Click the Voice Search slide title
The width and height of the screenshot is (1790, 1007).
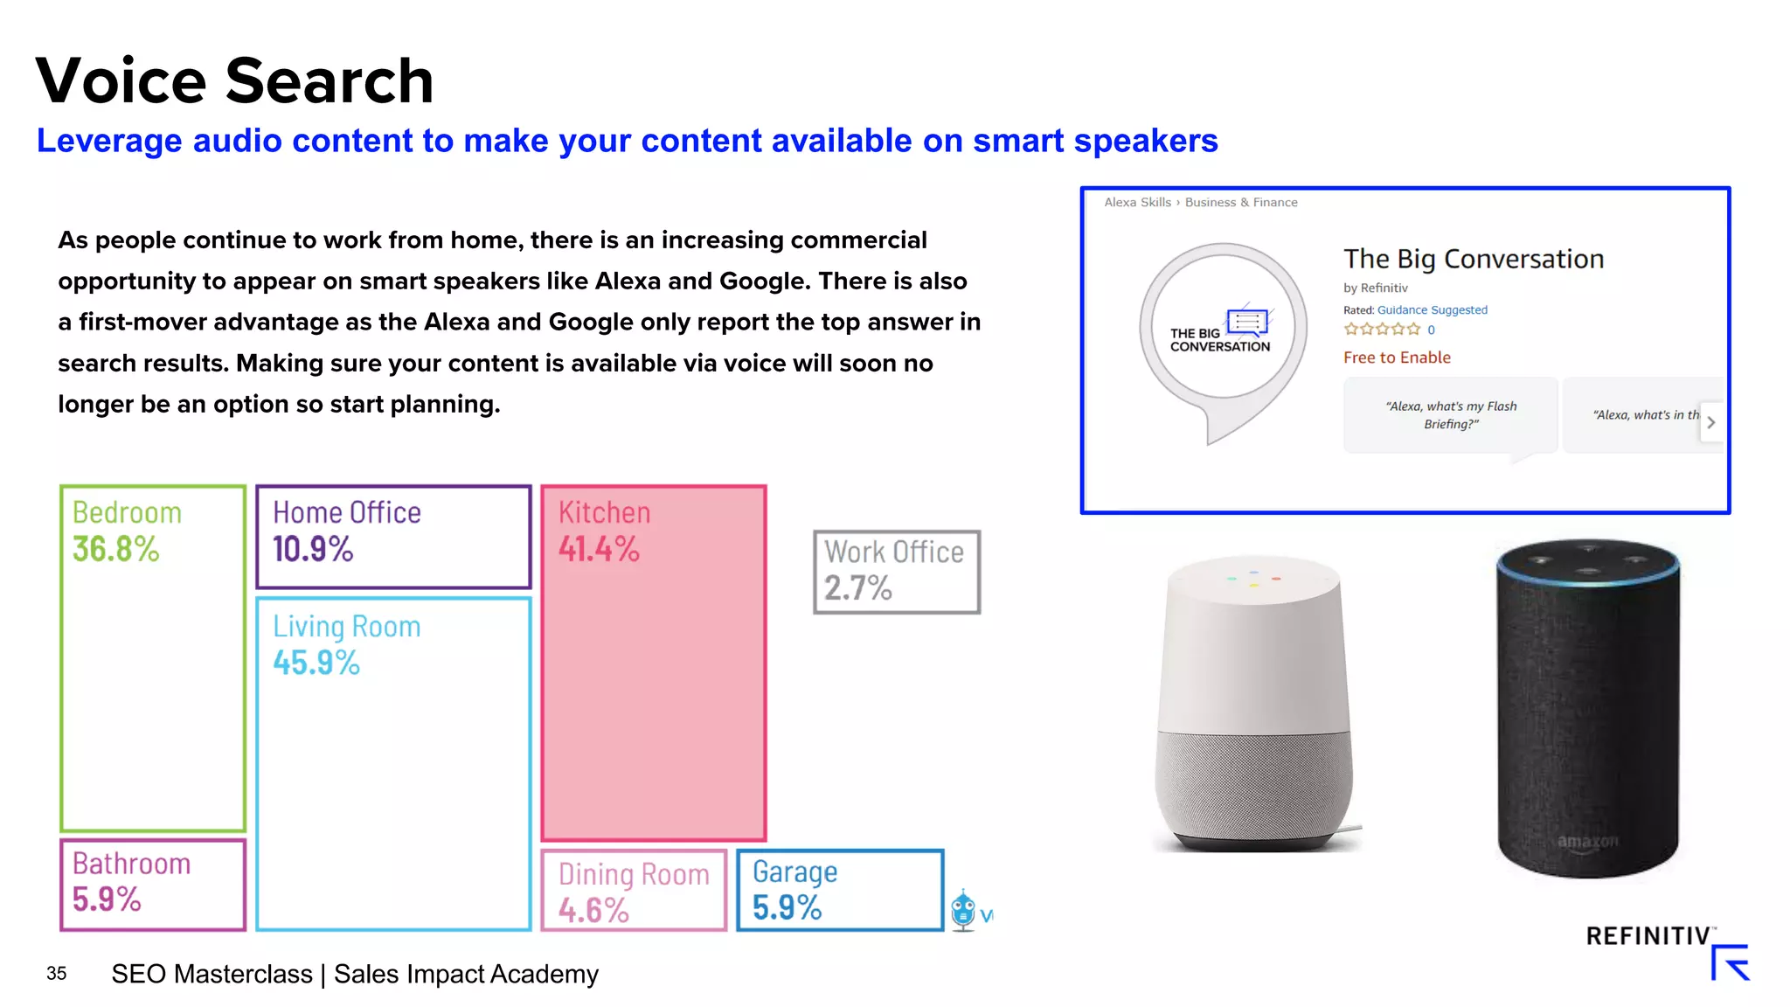pyautogui.click(x=234, y=80)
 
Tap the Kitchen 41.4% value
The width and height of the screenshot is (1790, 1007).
pyautogui.click(x=599, y=550)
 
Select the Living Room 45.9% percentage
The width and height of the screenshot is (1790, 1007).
pyautogui.click(x=316, y=663)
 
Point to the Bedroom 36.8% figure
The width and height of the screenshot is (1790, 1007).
pyautogui.click(x=115, y=550)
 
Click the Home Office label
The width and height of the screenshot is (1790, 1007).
pyautogui.click(x=347, y=512)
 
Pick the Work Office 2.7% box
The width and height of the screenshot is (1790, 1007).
pyautogui.click(x=896, y=572)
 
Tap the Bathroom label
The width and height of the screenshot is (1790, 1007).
pyautogui.click(x=131, y=864)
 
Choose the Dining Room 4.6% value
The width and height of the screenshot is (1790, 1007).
pyautogui.click(x=593, y=911)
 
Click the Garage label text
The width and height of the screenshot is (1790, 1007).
pyautogui.click(x=794, y=872)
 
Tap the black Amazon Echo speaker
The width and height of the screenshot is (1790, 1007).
pyautogui.click(x=1588, y=708)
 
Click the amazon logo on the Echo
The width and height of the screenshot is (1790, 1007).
pyautogui.click(x=1588, y=842)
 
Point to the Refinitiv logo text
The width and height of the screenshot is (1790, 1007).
pyautogui.click(x=1648, y=936)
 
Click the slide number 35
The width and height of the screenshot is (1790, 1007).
pyautogui.click(x=57, y=974)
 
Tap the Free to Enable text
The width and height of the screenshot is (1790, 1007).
pyautogui.click(x=1397, y=358)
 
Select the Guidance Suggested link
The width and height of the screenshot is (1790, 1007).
pyautogui.click(x=1432, y=309)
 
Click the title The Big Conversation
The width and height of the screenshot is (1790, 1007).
pyautogui.click(x=1474, y=259)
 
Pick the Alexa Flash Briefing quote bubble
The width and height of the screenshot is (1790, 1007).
pyautogui.click(x=1451, y=415)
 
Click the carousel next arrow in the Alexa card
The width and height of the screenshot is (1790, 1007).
pyautogui.click(x=1710, y=422)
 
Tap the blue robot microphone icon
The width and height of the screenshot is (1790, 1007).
pyautogui.click(x=963, y=910)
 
